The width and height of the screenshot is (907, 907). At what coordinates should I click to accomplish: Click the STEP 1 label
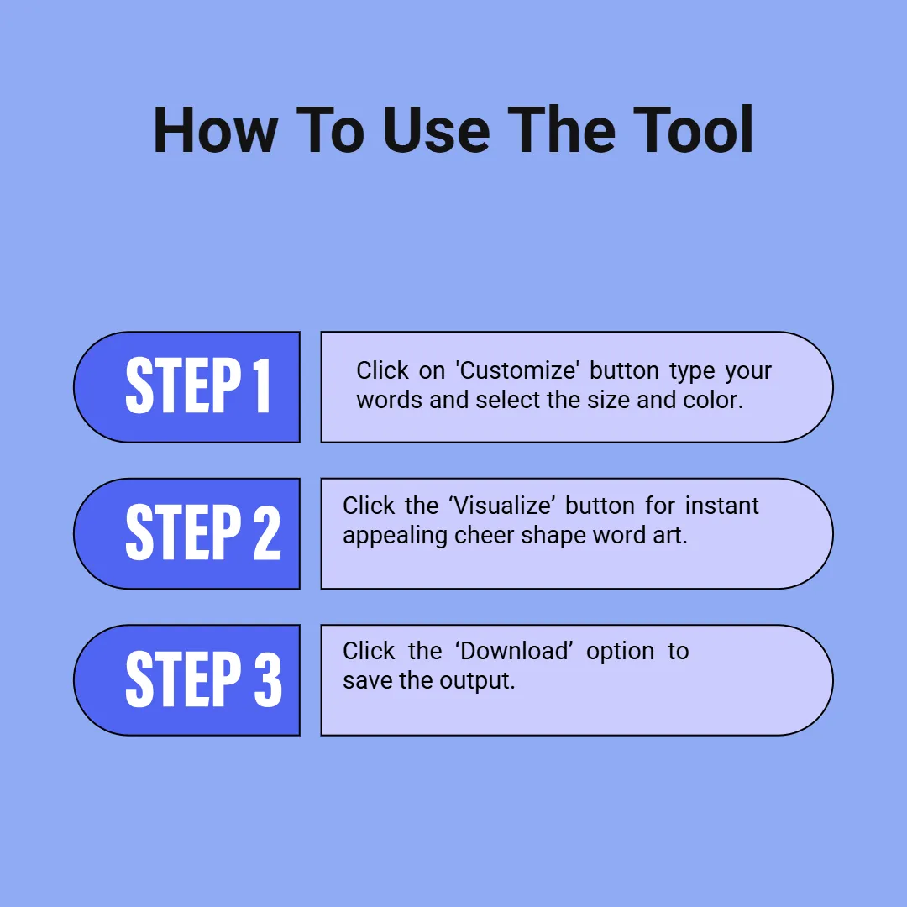pos(198,385)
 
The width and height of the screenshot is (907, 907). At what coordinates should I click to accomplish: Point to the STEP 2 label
pos(203,532)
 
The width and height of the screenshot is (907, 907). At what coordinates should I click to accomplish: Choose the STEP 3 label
pos(203,679)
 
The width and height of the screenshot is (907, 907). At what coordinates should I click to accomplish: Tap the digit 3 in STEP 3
pos(269,679)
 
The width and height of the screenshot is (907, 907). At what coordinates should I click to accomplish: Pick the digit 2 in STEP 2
pos(267,532)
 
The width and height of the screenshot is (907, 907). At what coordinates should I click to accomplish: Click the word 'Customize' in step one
pos(517,371)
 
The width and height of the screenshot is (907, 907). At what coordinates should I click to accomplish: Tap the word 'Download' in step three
pos(514,652)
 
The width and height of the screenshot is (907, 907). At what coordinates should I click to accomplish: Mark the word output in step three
pos(477,681)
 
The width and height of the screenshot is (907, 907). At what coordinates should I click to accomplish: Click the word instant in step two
pos(721,506)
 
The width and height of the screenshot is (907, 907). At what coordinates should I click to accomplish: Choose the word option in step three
pos(620,653)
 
